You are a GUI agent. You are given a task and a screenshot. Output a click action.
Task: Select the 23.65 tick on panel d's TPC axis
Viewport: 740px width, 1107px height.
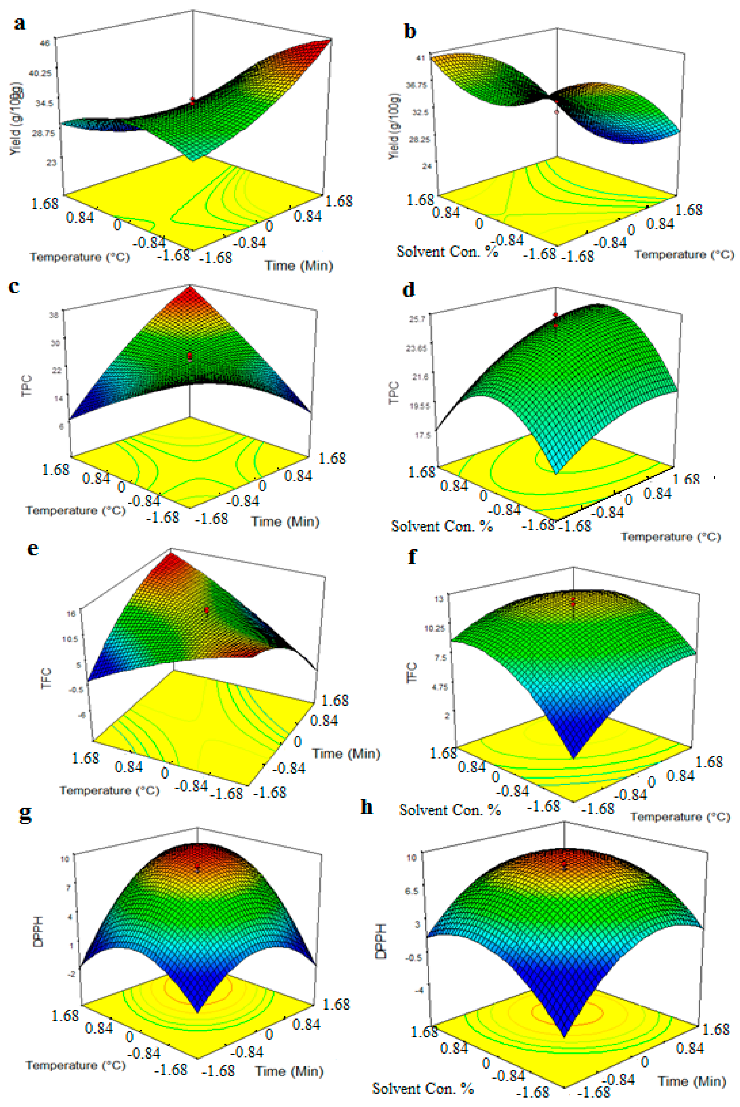coord(416,348)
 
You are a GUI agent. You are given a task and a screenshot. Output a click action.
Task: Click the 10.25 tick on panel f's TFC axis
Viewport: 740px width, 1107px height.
coord(434,628)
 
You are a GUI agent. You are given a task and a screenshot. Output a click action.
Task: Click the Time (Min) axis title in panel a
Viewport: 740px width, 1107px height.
coord(299,266)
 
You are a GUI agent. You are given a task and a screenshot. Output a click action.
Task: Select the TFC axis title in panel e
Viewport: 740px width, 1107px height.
coord(46,678)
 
